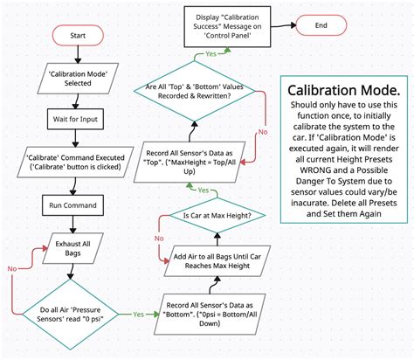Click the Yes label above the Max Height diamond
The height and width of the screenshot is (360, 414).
click(203, 190)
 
